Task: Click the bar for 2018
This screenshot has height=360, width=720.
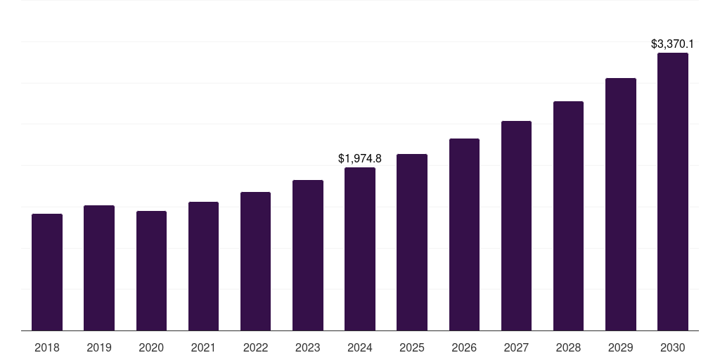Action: tap(47, 272)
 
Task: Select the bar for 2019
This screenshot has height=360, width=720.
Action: tap(99, 268)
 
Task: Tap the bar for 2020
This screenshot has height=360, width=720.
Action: tap(151, 271)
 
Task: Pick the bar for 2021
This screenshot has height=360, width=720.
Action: tap(203, 266)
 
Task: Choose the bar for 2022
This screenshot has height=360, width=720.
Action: tap(255, 261)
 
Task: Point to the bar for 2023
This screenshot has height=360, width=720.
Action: tap(308, 255)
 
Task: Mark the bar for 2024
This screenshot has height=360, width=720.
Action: tap(360, 249)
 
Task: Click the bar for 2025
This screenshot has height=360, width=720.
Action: tap(412, 242)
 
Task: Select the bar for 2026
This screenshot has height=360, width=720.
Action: tap(464, 234)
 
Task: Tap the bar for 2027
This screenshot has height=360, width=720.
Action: tap(516, 226)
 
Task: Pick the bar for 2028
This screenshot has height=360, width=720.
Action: tap(568, 216)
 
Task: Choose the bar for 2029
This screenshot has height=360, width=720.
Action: tap(621, 204)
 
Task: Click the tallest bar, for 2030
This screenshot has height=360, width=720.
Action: tap(673, 191)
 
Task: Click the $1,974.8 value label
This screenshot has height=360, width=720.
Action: tap(360, 159)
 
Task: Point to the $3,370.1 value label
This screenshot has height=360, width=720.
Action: tap(673, 44)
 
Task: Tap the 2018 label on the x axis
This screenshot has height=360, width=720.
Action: tap(47, 347)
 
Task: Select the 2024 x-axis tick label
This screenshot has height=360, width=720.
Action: tap(360, 347)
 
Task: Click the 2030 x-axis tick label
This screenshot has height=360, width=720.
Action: tap(673, 347)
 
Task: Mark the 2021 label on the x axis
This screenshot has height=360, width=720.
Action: tap(203, 347)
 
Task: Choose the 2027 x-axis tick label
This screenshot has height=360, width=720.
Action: tap(516, 347)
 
